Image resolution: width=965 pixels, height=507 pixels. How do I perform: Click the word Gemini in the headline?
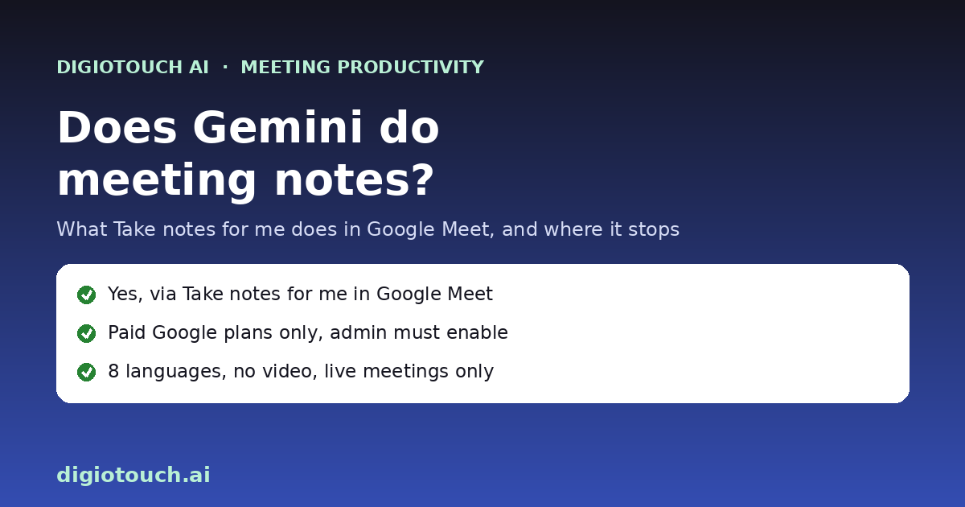point(277,127)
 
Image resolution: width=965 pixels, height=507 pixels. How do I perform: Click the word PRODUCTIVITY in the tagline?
point(411,68)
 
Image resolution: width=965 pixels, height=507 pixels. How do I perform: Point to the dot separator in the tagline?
point(225,68)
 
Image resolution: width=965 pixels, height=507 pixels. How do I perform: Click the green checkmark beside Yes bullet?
point(87,295)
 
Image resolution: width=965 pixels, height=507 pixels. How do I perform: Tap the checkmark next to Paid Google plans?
point(87,334)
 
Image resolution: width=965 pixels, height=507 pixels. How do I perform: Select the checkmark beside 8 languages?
point(87,372)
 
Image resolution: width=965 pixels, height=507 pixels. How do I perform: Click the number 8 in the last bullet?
point(113,371)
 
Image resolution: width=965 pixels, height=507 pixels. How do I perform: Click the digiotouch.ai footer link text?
point(133,475)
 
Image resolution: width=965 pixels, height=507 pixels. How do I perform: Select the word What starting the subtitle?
point(82,229)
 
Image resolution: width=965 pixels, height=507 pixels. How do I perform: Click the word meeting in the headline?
point(157,181)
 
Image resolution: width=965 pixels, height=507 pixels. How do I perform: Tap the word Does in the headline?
point(117,127)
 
